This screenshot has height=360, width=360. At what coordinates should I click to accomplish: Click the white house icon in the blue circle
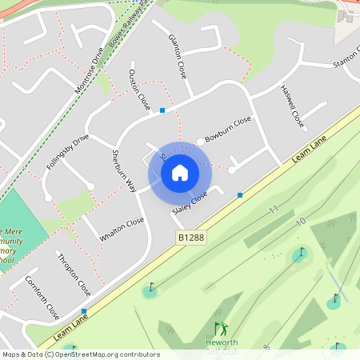point(180,172)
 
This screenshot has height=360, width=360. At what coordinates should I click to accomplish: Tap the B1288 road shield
point(191,238)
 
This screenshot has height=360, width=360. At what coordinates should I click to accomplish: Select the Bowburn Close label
point(228,127)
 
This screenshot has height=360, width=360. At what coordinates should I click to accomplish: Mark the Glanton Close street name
point(177,56)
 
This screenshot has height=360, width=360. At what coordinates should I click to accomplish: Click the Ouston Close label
point(139,90)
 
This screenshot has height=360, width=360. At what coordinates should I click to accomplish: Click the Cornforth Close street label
point(42,297)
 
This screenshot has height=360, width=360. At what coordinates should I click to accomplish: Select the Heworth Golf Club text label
point(222,346)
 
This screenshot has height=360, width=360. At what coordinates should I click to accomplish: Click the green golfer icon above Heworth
point(221,328)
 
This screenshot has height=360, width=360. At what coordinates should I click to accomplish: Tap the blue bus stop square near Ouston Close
point(162,110)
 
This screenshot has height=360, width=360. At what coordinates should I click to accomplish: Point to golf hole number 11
point(274,210)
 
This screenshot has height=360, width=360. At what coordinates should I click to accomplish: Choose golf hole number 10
point(301,221)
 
